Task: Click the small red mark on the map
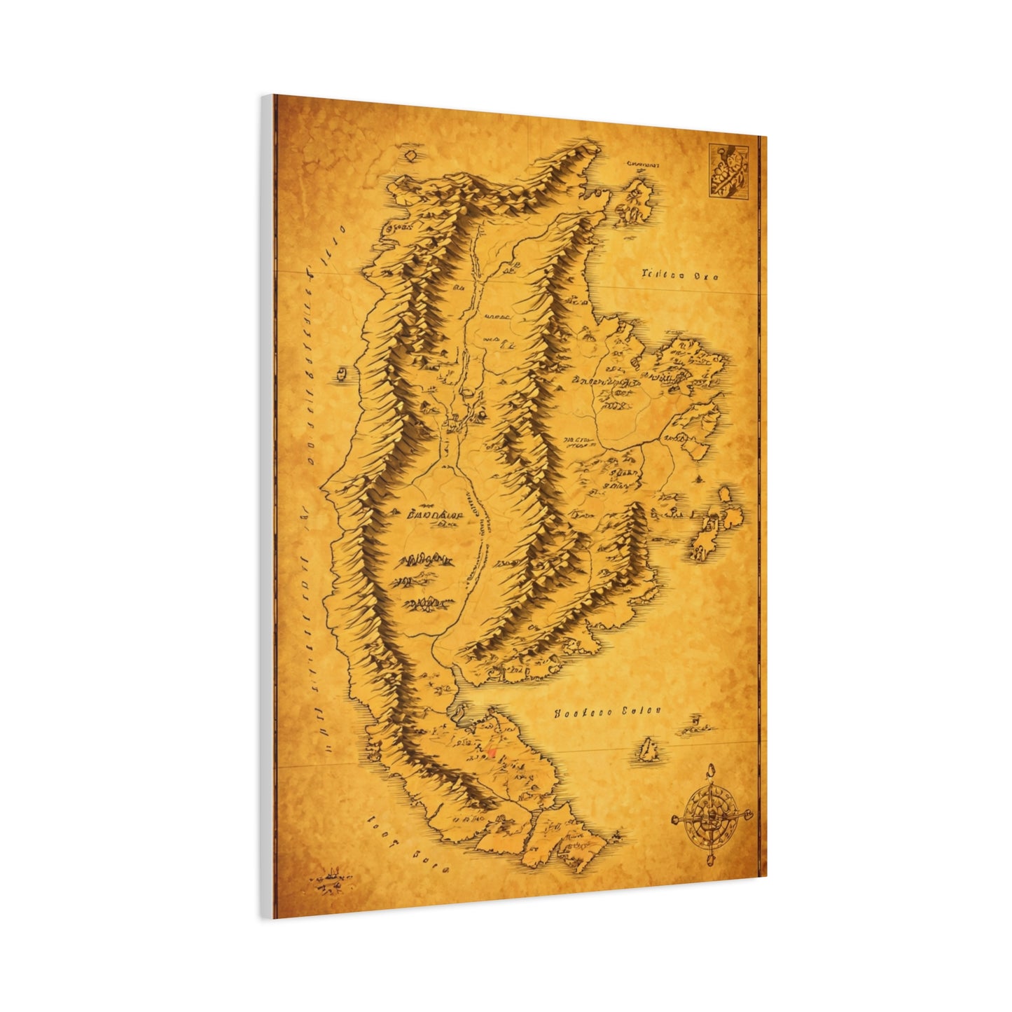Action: [491, 752]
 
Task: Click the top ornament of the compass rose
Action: [709, 772]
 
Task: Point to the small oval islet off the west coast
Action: [342, 373]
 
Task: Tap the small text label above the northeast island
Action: [644, 164]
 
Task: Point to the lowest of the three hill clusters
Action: [426, 602]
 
